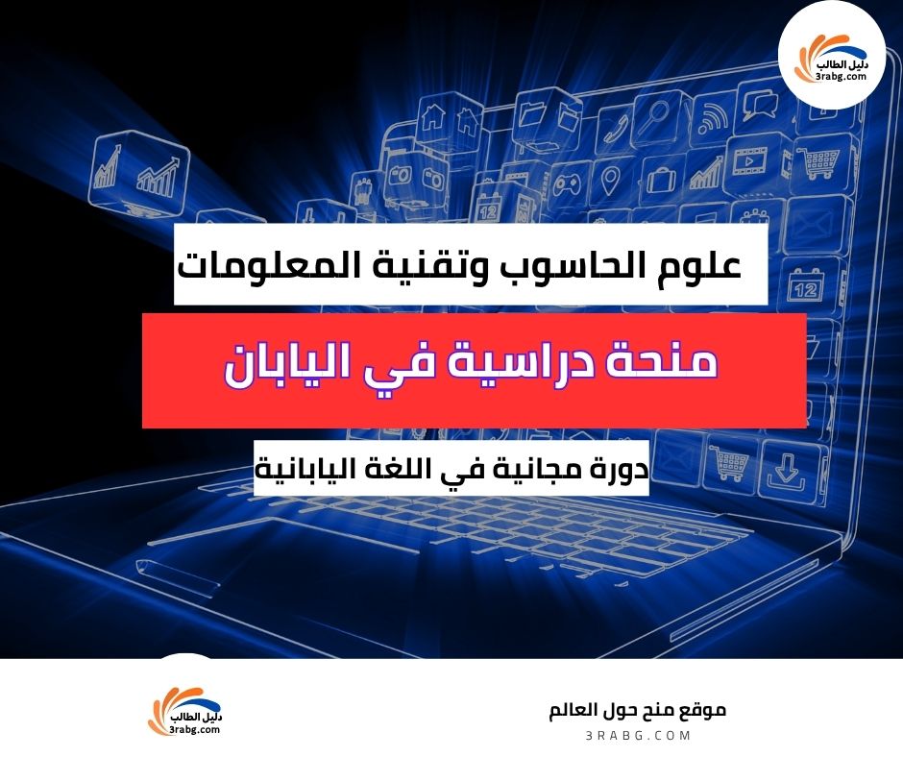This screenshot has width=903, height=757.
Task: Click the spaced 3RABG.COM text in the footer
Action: click(x=638, y=735)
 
